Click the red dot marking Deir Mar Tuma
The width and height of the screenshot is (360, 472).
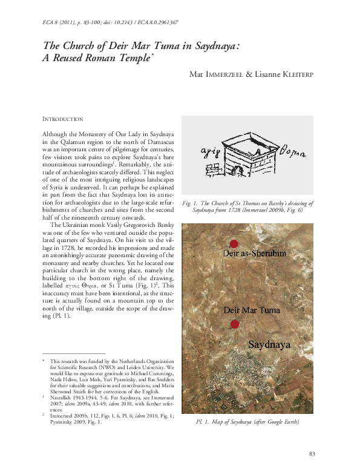pos(235,324)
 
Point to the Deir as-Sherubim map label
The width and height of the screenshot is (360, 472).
pos(254,253)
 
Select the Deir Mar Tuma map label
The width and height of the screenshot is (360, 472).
pos(252,310)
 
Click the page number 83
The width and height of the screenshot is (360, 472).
pos(312,454)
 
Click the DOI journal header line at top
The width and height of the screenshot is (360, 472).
pos(110,22)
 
